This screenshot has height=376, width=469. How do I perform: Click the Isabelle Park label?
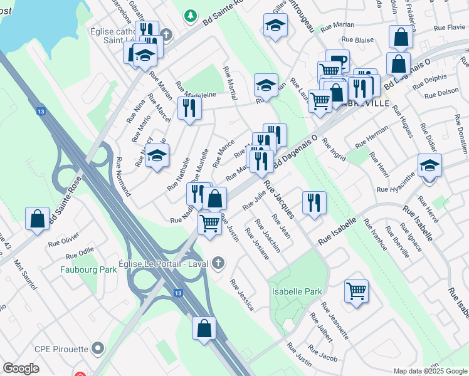[x=297, y=291]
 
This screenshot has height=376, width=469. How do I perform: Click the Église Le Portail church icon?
[x=218, y=261]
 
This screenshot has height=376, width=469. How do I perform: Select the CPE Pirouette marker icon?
[x=97, y=347]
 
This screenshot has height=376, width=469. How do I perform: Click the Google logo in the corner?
[x=21, y=368]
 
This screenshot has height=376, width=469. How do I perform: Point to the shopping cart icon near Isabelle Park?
[x=356, y=291]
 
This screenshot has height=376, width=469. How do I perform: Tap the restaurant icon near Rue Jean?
[x=314, y=202]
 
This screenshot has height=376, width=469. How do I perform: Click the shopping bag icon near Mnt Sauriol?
[x=37, y=219]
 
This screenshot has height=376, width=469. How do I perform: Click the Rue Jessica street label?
[x=242, y=295]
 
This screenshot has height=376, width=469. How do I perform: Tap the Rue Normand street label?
[x=123, y=177]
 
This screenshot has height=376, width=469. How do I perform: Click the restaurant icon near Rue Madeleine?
[x=189, y=108]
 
